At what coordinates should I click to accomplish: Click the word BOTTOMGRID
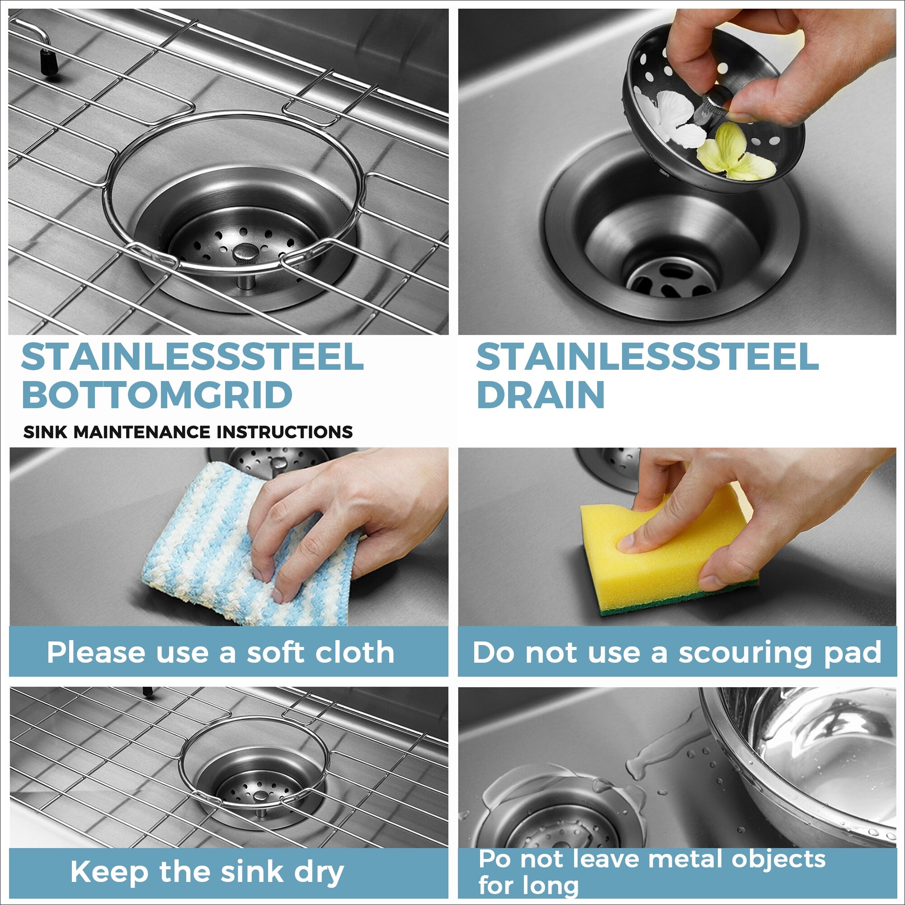157,395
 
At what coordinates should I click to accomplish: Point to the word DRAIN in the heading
541,395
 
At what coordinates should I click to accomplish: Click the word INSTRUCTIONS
292,431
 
